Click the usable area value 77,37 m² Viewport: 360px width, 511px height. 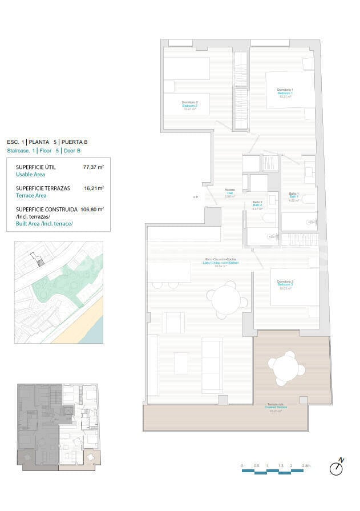tap(94, 167)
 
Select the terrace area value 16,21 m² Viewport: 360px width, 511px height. tap(94, 188)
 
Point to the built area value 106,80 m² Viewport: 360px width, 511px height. tap(92, 209)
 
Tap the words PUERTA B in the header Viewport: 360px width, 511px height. tap(74, 142)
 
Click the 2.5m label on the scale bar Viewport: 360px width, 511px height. tap(307, 466)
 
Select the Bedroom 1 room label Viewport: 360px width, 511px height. tap(285, 93)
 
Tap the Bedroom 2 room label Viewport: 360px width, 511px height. tap(189, 106)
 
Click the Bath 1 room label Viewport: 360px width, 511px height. tap(294, 197)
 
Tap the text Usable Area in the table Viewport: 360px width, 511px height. tap(30, 175)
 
